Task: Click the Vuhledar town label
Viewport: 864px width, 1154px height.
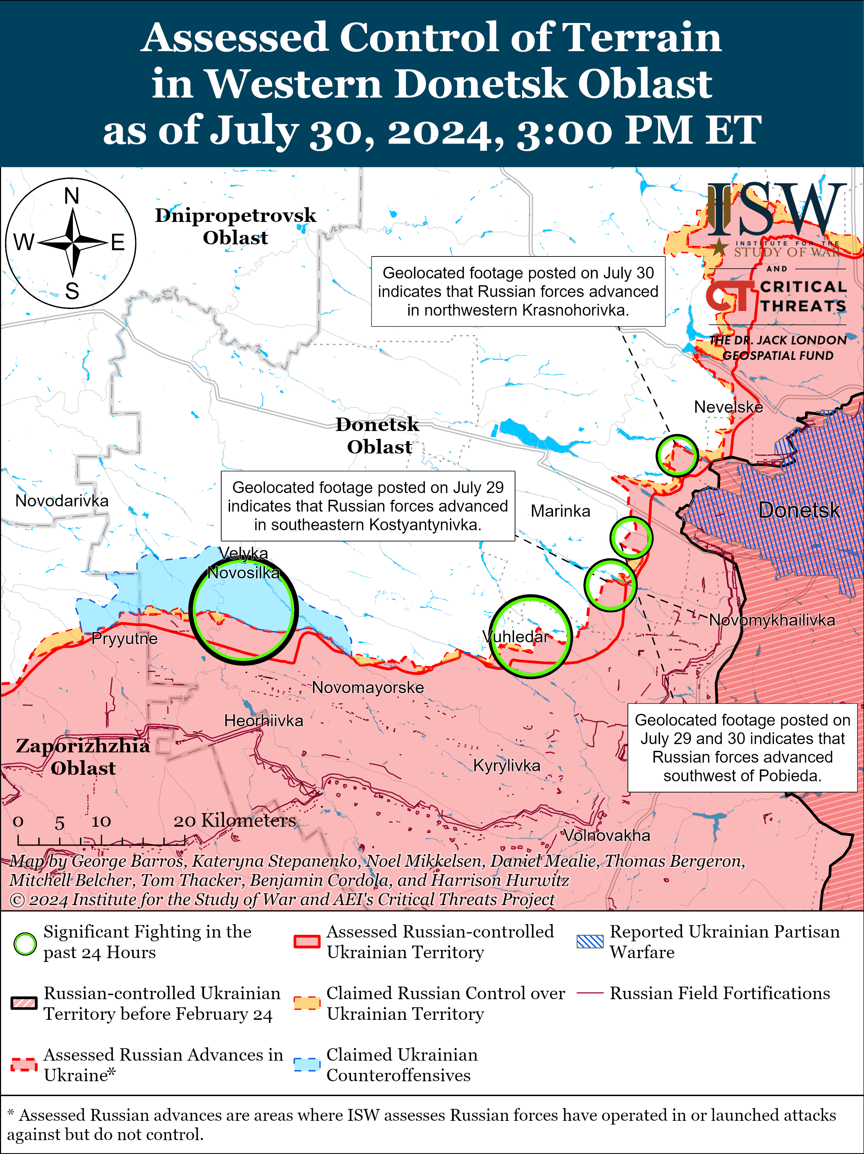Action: click(515, 637)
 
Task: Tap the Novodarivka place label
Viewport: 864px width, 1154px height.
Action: click(62, 501)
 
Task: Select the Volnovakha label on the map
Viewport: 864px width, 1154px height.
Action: click(607, 835)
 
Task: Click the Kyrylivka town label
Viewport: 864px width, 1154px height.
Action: click(507, 765)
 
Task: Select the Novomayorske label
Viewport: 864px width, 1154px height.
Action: click(368, 687)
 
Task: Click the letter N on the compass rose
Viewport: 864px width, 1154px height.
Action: click(71, 196)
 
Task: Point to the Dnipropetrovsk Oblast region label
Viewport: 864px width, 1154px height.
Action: click(235, 226)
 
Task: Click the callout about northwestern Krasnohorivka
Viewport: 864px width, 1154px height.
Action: click(518, 291)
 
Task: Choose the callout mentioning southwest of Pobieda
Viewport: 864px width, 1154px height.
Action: click(742, 748)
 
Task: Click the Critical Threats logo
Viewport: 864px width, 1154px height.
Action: click(776, 296)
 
